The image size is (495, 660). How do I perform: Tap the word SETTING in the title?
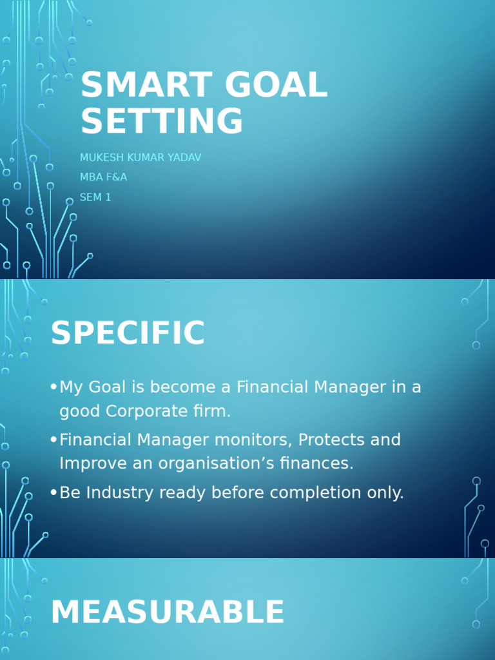coord(162,121)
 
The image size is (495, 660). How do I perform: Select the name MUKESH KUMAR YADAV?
coord(141,158)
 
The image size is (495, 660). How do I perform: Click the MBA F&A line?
coord(103,177)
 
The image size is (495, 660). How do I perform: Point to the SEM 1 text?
coord(95,197)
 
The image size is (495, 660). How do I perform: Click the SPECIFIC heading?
coord(128,334)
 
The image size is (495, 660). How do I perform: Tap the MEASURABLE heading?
coord(167,612)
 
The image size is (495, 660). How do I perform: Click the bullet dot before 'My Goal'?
coord(53,387)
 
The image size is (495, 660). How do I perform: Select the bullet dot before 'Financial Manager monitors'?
coord(53,440)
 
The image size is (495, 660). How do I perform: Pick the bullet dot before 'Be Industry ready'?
coord(53,493)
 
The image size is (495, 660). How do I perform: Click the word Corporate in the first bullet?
coord(143,411)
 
